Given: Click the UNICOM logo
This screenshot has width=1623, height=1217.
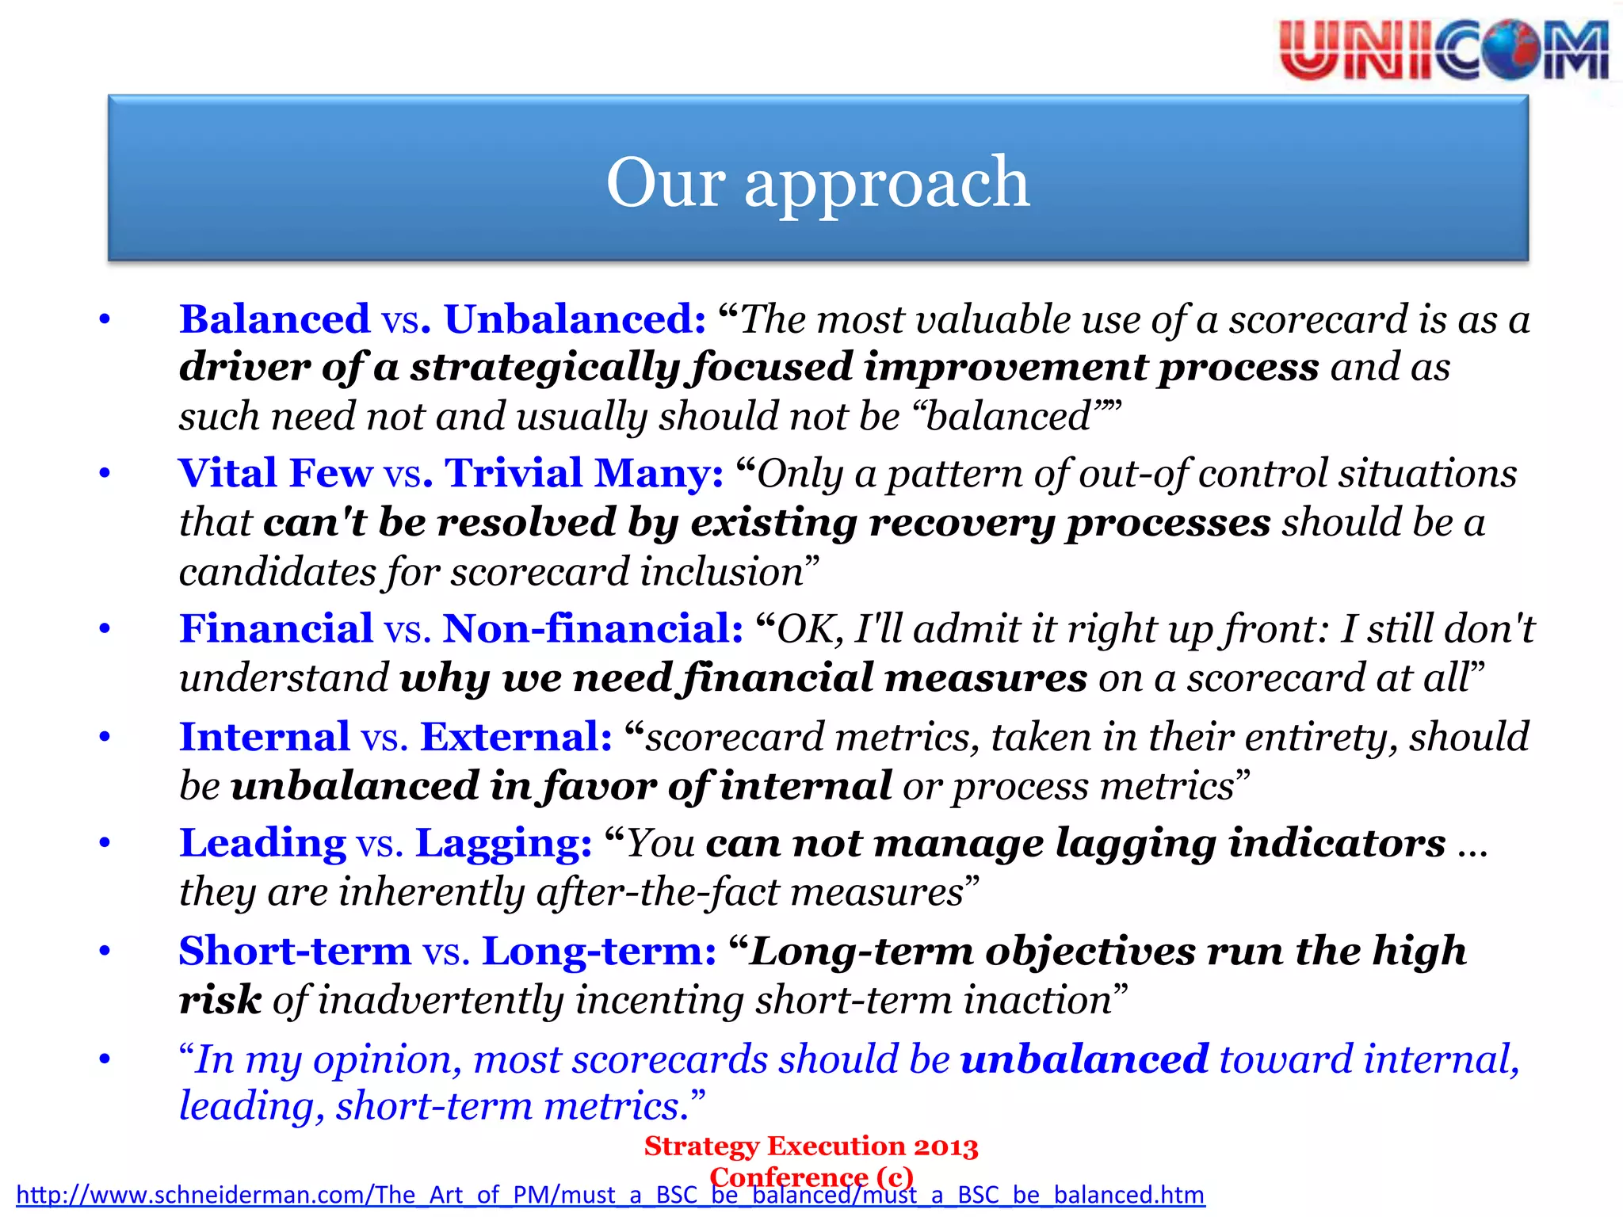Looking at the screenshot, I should (x=1442, y=51).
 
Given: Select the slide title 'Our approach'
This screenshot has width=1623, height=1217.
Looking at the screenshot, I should (x=817, y=182).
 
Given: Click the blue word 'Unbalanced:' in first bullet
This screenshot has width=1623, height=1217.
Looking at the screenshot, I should (x=575, y=319).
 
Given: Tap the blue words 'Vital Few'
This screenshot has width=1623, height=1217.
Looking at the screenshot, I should (x=275, y=473).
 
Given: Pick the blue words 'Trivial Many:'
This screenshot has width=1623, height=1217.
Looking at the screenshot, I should (x=584, y=473).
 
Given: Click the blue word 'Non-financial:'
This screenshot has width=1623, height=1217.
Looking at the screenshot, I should (x=593, y=628).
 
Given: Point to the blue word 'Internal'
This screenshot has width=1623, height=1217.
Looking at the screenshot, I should (x=264, y=737).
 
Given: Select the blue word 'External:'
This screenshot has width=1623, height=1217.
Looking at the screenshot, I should (x=516, y=737).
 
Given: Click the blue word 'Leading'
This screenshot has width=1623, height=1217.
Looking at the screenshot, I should (x=262, y=843).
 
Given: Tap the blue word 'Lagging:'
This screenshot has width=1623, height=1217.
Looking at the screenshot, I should (x=503, y=843).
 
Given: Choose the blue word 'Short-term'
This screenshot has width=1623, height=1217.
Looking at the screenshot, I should (x=295, y=951).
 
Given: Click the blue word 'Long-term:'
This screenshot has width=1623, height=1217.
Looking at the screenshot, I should (x=599, y=951).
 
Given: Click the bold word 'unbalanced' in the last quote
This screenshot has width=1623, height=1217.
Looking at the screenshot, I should (x=1084, y=1059).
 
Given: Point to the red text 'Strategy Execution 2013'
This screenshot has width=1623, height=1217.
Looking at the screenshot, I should (x=811, y=1146).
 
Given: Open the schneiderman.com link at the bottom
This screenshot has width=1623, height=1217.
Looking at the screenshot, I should (x=610, y=1195).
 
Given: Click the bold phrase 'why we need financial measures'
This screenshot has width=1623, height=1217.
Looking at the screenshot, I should (x=743, y=679).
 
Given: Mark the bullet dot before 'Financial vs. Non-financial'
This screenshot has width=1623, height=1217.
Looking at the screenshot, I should (x=105, y=629).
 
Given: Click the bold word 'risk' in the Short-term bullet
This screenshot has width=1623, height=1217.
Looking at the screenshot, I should (x=220, y=1000).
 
